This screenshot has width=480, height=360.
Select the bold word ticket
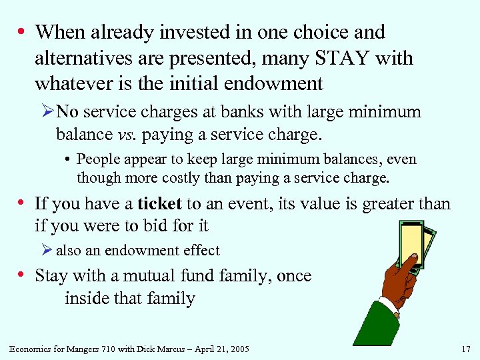point(160,203)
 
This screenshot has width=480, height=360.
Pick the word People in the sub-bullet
point(99,159)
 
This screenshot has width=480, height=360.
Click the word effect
point(201,251)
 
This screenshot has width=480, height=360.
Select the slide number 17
point(465,349)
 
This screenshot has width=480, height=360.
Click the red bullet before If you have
point(23,203)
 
